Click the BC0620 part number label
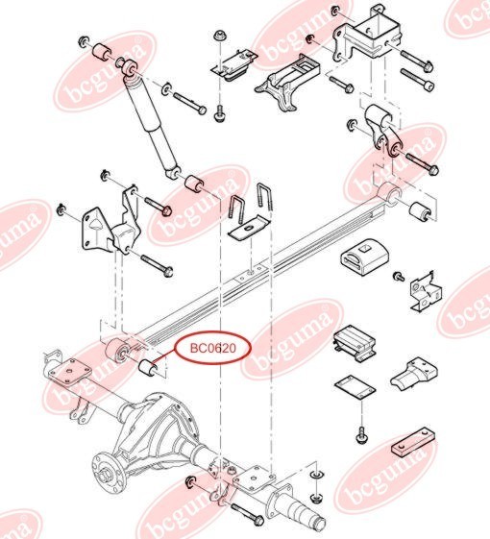tap(213, 348)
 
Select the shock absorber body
tap(151, 124)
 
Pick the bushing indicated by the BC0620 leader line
tap(148, 368)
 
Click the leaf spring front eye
tap(116, 351)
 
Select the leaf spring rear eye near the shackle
tap(389, 194)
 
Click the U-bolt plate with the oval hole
tap(248, 228)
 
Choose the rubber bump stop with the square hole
tap(364, 257)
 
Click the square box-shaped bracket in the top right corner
tap(367, 35)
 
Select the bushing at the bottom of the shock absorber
tap(195, 184)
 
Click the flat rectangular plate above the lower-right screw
tap(355, 388)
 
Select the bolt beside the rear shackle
tap(422, 162)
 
